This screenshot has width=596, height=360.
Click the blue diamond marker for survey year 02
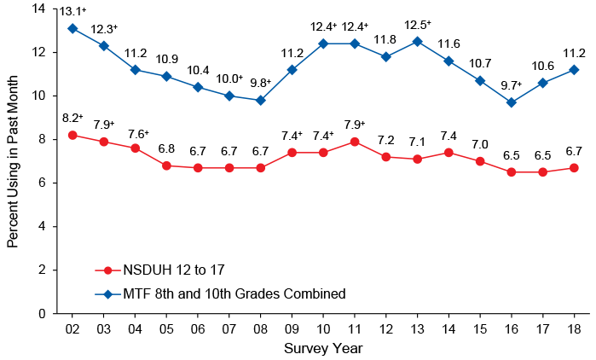click(72, 28)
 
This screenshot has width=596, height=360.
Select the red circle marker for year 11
click(354, 142)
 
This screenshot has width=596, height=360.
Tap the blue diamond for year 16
click(512, 102)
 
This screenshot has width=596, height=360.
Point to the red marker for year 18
click(574, 168)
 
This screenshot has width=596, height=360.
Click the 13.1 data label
click(72, 11)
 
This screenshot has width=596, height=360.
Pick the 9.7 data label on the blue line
click(511, 85)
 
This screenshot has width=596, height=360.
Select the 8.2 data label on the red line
click(72, 118)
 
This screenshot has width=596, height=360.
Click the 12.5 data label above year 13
click(417, 24)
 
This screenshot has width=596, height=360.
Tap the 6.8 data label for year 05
click(166, 148)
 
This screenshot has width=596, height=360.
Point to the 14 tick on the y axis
click(38, 9)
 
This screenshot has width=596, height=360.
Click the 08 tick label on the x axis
click(260, 329)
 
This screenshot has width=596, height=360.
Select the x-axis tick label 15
click(480, 329)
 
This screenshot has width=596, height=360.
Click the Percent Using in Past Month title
click(12, 160)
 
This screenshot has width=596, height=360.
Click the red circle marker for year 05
click(166, 165)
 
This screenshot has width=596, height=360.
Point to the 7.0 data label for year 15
click(480, 144)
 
